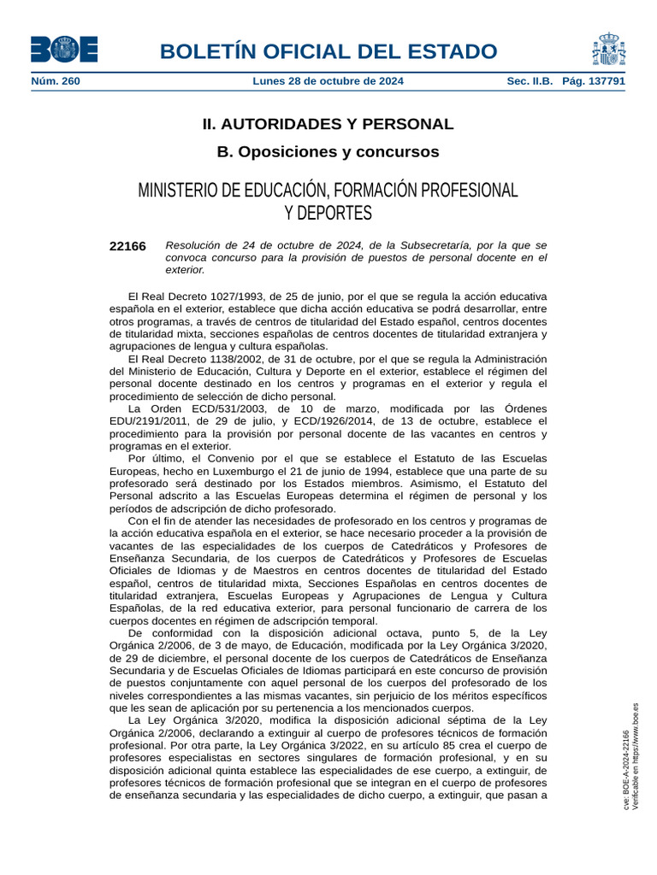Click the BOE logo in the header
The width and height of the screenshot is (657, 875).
pyautogui.click(x=64, y=49)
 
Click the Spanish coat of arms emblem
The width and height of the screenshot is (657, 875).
pyautogui.click(x=608, y=49)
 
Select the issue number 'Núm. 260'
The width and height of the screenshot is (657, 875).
pyautogui.click(x=56, y=81)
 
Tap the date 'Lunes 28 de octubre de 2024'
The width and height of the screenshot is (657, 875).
pyautogui.click(x=328, y=81)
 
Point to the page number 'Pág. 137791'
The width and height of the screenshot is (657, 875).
pyautogui.click(x=594, y=81)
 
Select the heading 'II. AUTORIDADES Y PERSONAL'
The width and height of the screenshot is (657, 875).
pyautogui.click(x=328, y=124)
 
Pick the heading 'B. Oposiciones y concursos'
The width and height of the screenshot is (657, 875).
pyautogui.click(x=328, y=152)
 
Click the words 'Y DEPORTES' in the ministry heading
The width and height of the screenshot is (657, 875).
pyautogui.click(x=328, y=212)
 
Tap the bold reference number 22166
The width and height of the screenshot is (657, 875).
pyautogui.click(x=127, y=246)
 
